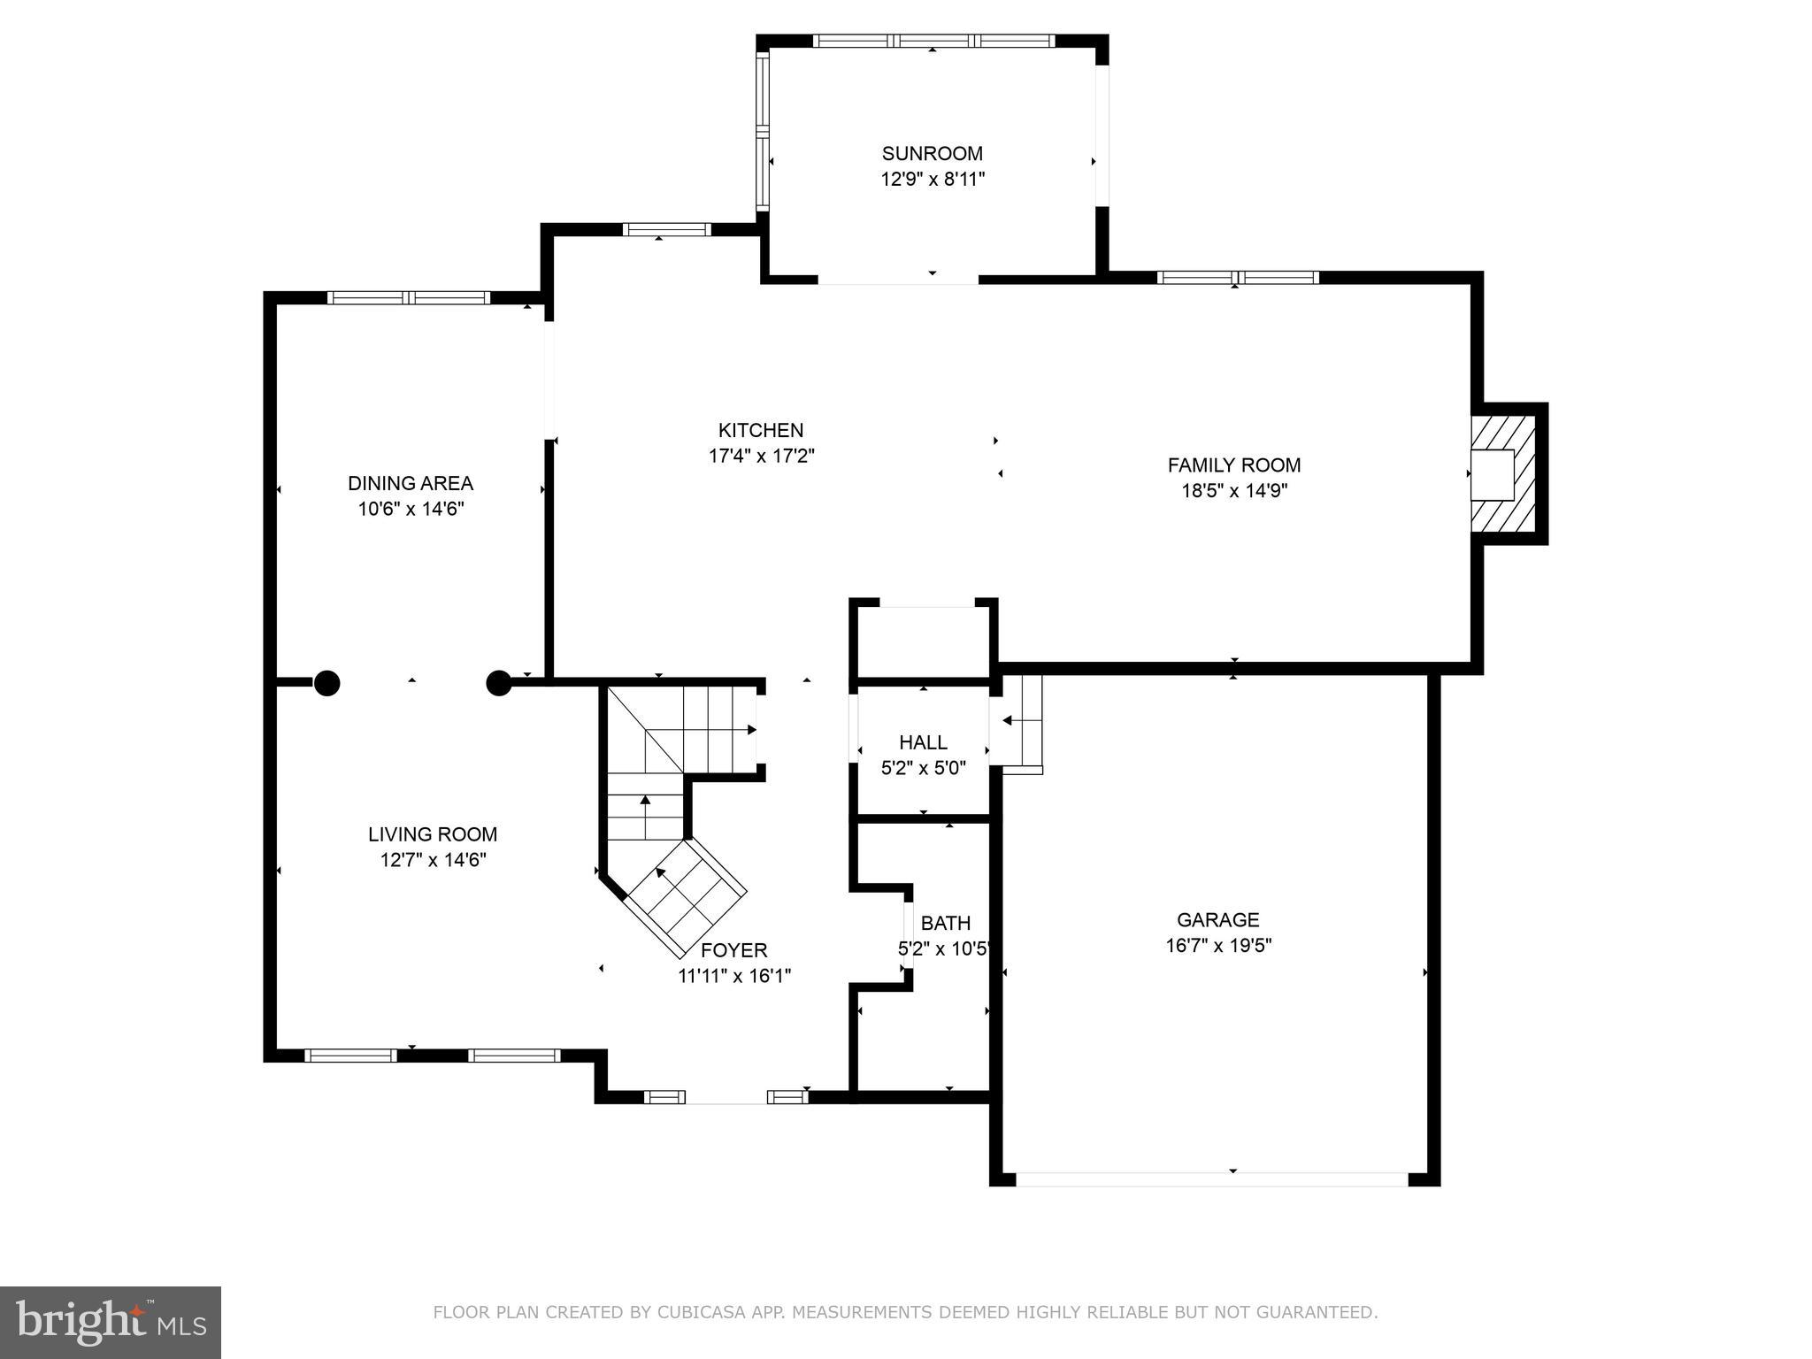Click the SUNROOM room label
[932, 154]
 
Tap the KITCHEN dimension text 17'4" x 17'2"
[761, 457]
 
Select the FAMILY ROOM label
[1233, 465]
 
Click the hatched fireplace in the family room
[1504, 474]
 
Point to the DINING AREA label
[410, 484]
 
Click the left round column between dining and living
[327, 683]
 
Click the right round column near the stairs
[499, 683]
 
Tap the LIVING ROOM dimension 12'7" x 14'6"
[433, 860]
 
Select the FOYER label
[733, 951]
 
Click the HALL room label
[923, 743]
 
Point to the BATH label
[945, 924]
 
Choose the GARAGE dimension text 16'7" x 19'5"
[1218, 946]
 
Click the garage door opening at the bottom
[1211, 1179]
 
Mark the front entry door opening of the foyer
[726, 1097]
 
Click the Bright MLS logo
[111, 1323]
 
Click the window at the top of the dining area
[408, 298]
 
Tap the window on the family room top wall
[1237, 278]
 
